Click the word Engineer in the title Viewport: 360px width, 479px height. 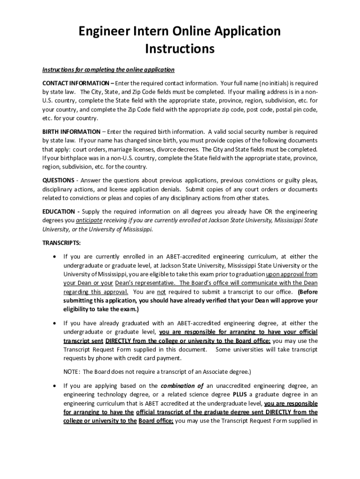pyautogui.click(x=101, y=31)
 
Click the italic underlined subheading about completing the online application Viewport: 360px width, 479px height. pyautogui.click(x=108, y=70)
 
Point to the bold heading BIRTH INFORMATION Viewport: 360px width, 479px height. pyautogui.click(x=71, y=131)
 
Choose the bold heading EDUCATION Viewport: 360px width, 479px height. pyautogui.click(x=58, y=211)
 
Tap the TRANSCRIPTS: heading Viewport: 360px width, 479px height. pyautogui.click(x=62, y=243)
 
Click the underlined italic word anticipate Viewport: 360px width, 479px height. pyautogui.click(x=89, y=220)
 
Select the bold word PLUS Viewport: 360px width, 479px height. pyautogui.click(x=239, y=394)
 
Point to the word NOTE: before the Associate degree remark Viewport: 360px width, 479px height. pyautogui.click(x=72, y=372)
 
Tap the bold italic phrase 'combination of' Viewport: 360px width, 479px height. pyautogui.click(x=182, y=385)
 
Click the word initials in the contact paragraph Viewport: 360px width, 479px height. pyautogui.click(x=280, y=83)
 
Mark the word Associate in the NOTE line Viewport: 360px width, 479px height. pyautogui.click(x=209, y=372)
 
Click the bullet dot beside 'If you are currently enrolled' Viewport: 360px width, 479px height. pyautogui.click(x=56, y=256)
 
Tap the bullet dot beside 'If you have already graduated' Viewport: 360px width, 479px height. pyautogui.click(x=56, y=323)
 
